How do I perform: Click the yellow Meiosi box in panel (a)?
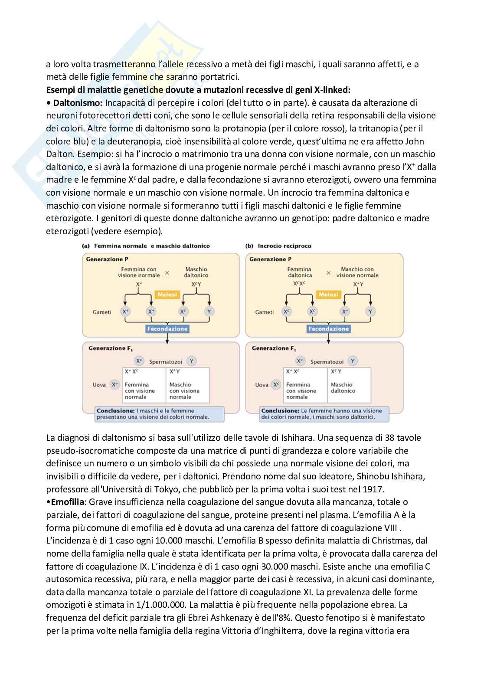(167, 295)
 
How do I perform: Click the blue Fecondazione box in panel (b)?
(328, 329)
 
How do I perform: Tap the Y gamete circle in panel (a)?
(209, 311)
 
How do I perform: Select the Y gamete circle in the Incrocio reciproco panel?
(370, 311)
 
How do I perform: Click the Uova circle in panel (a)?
(114, 384)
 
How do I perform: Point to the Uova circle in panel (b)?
(276, 384)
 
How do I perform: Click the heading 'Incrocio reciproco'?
(284, 246)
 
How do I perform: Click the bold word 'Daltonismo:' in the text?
(77, 103)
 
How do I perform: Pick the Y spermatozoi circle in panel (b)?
(353, 361)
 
